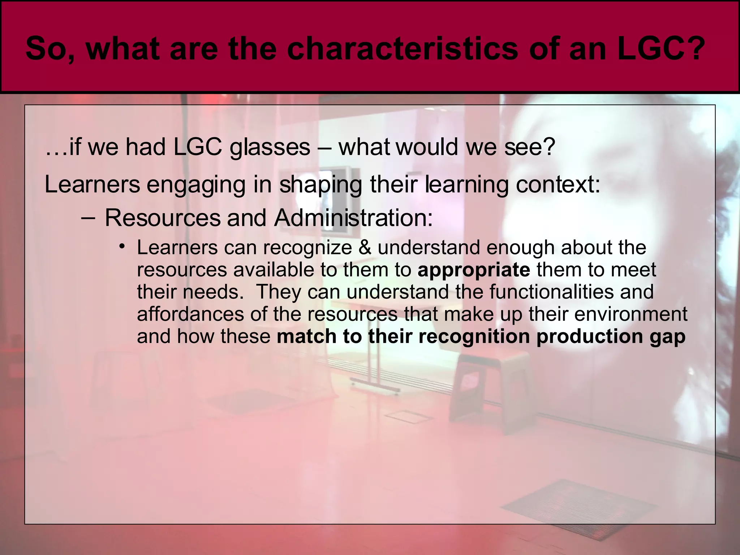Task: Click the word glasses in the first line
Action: click(x=270, y=148)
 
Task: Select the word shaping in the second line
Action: click(x=320, y=185)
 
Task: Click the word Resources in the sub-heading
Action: click(x=163, y=218)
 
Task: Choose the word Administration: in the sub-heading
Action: click(x=353, y=218)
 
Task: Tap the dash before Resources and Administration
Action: click(x=89, y=218)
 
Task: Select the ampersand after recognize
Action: click(x=365, y=248)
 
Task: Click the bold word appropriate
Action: click(x=474, y=270)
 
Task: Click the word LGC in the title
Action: click(x=654, y=49)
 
